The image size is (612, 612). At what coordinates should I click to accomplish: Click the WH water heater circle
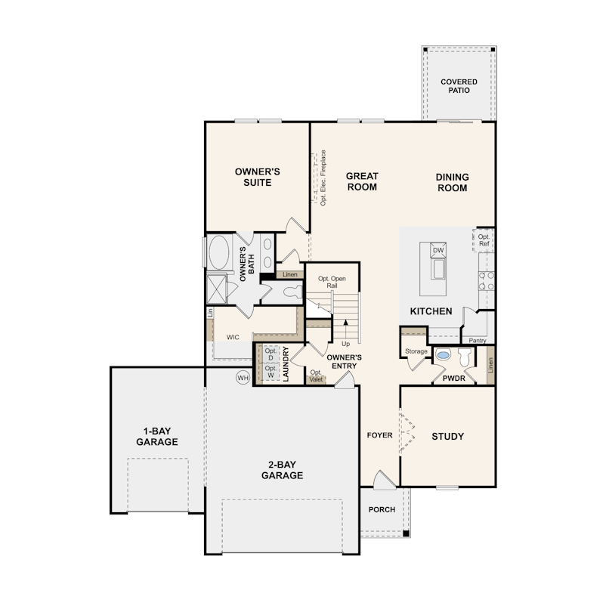(x=243, y=377)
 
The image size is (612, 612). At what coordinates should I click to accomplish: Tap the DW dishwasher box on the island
(x=438, y=251)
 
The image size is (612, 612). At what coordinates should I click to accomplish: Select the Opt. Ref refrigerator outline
(x=484, y=240)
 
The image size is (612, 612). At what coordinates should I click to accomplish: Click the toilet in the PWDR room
(x=464, y=357)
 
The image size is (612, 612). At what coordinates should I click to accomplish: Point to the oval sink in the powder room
(x=444, y=354)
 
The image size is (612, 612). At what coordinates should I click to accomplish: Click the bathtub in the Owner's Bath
(x=219, y=253)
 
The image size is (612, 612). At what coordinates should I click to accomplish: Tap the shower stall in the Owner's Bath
(x=218, y=288)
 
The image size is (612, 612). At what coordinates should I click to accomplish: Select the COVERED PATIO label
(x=459, y=85)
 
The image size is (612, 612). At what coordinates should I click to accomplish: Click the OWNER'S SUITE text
(x=258, y=177)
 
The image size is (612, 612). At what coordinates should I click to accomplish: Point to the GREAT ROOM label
(x=362, y=181)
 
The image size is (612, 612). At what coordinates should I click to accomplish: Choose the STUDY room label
(x=447, y=436)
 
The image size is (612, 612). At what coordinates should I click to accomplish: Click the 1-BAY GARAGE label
(x=157, y=436)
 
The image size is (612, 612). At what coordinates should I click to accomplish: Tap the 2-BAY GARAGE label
(x=282, y=470)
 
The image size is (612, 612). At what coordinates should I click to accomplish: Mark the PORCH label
(x=382, y=509)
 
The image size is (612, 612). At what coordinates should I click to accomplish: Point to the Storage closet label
(x=416, y=351)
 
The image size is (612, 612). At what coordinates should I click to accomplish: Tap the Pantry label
(x=478, y=341)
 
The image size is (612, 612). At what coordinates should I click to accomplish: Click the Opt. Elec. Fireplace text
(x=323, y=178)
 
